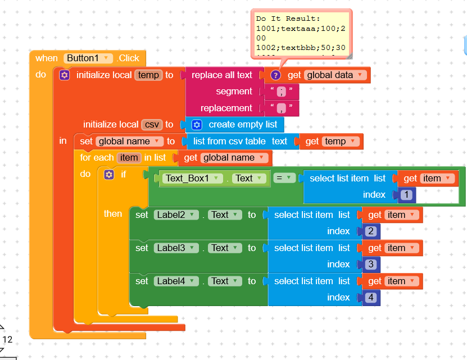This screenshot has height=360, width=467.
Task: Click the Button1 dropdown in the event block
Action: [89, 58]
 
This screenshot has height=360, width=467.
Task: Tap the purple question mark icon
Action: [275, 75]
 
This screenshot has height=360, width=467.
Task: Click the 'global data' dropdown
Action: [335, 75]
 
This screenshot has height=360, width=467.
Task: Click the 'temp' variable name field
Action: [148, 75]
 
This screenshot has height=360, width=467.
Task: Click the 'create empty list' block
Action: [242, 125]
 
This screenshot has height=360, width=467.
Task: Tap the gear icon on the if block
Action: [109, 175]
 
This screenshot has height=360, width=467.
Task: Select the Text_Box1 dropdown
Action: [191, 179]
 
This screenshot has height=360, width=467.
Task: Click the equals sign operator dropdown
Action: [285, 178]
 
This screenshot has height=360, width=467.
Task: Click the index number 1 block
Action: [406, 195]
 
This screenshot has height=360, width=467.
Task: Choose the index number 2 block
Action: [370, 231]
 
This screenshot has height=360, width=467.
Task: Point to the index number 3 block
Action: [370, 265]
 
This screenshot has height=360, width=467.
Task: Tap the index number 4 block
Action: [370, 298]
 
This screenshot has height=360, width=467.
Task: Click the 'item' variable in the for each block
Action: [128, 158]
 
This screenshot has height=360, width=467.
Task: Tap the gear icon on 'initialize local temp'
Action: [65, 75]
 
